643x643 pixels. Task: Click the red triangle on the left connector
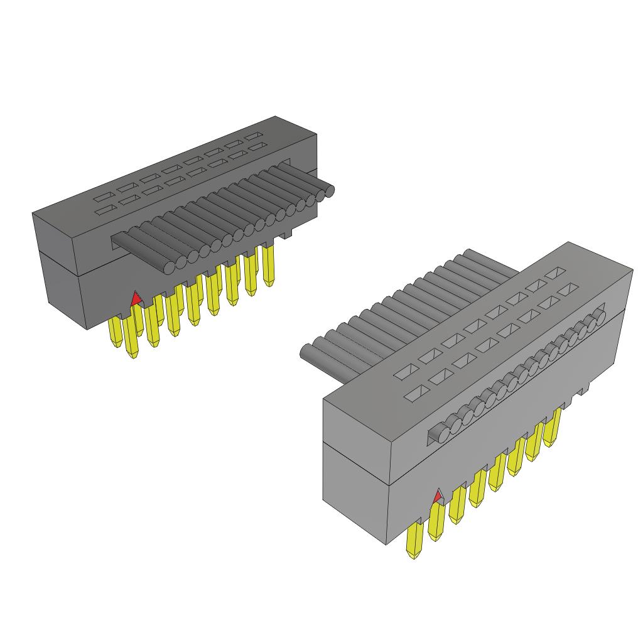point(136,299)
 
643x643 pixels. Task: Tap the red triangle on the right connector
point(438,497)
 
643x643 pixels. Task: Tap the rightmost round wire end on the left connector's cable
point(328,192)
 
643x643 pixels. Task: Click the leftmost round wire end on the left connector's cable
point(169,266)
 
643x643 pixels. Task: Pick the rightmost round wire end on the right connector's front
point(599,313)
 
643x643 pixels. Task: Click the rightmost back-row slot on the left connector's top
point(255,136)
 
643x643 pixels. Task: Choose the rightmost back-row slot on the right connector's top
point(554,273)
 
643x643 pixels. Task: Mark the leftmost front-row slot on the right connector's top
point(415,394)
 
